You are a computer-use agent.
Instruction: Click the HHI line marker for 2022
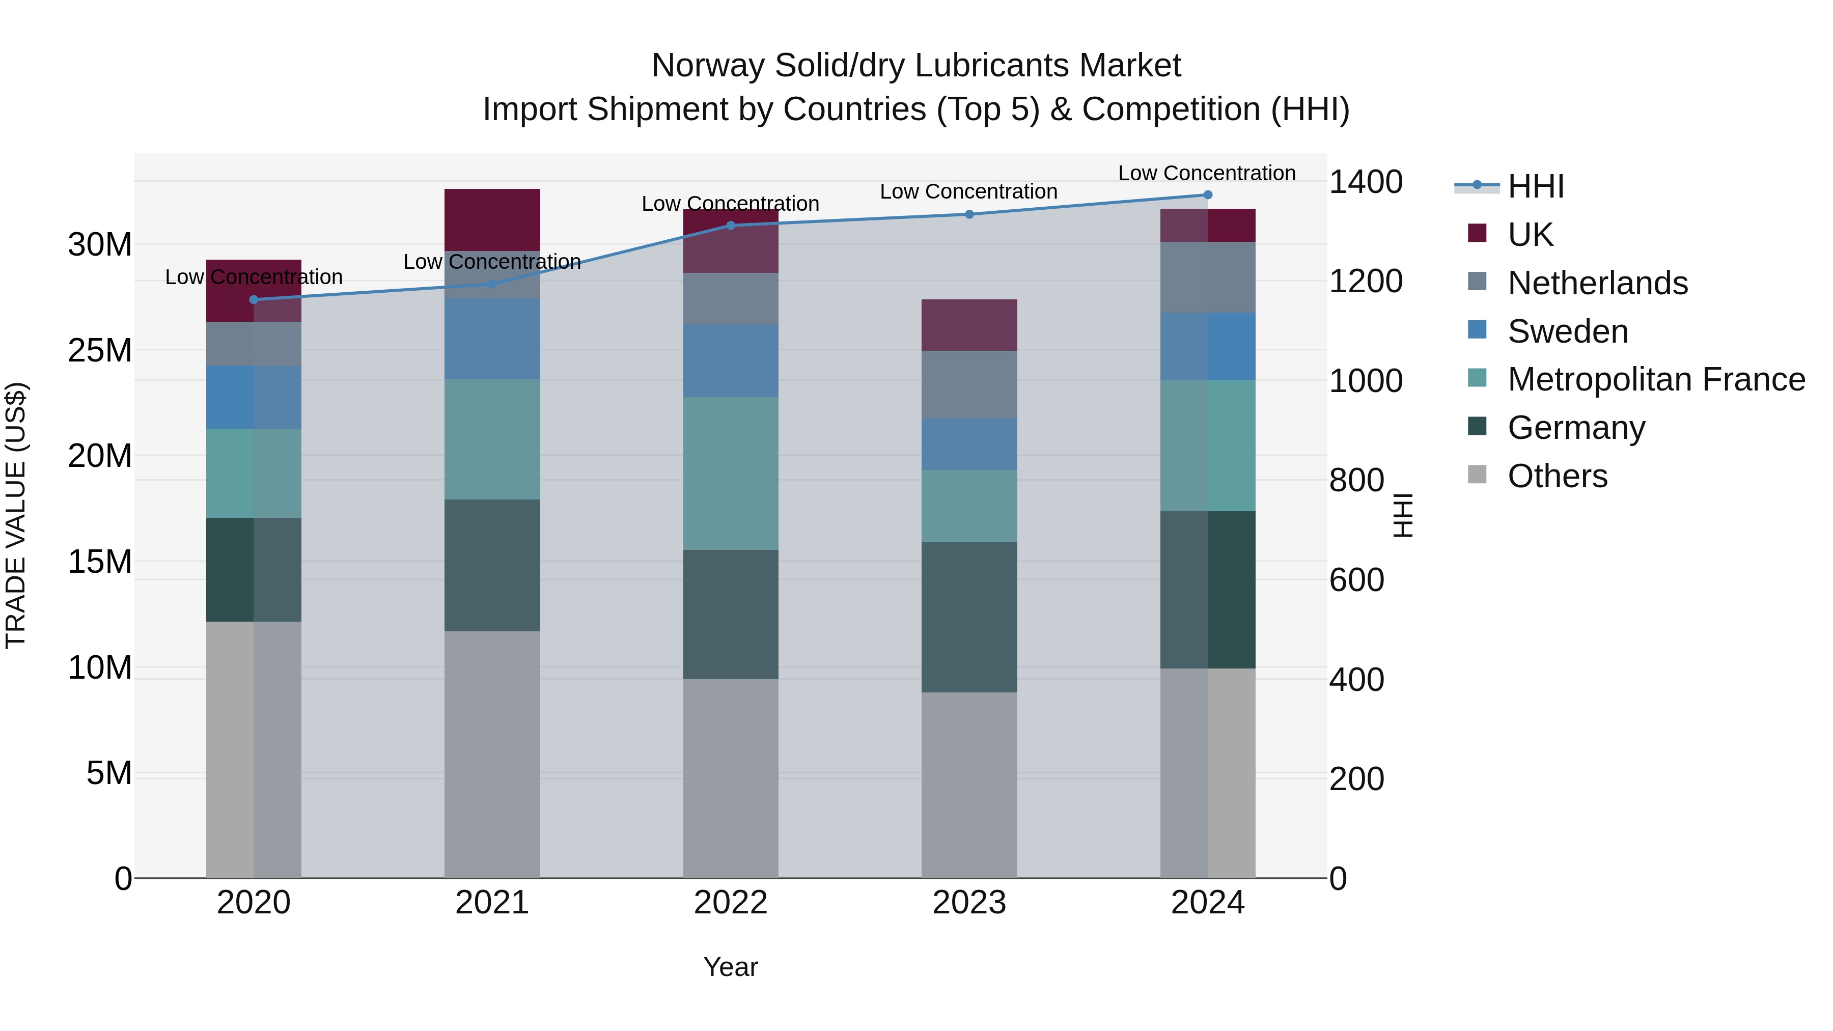(x=731, y=226)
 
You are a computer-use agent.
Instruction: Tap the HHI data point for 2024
(x=1208, y=195)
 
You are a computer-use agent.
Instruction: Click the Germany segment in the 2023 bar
(x=969, y=617)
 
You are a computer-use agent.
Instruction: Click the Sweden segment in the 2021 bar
(x=492, y=339)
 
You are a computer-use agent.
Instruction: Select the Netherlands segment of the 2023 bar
(x=969, y=384)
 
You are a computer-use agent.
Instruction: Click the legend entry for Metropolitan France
(x=1656, y=380)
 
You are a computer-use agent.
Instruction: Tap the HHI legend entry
(x=1536, y=186)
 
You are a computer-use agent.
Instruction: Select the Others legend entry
(x=1557, y=476)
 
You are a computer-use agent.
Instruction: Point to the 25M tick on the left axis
(x=100, y=350)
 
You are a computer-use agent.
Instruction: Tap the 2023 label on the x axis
(x=969, y=903)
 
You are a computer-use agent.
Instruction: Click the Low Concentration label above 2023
(x=968, y=191)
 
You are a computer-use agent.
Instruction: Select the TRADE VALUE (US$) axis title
(x=16, y=515)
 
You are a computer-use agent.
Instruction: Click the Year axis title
(x=731, y=967)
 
